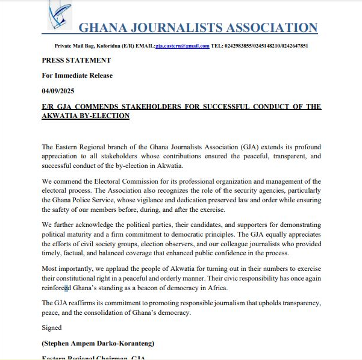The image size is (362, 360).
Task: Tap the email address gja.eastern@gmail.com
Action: point(183,46)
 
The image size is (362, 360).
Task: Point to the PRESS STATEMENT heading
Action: point(76,60)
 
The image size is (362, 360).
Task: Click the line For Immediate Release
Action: point(77,75)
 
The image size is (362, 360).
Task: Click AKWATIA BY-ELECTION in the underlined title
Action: point(86,115)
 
